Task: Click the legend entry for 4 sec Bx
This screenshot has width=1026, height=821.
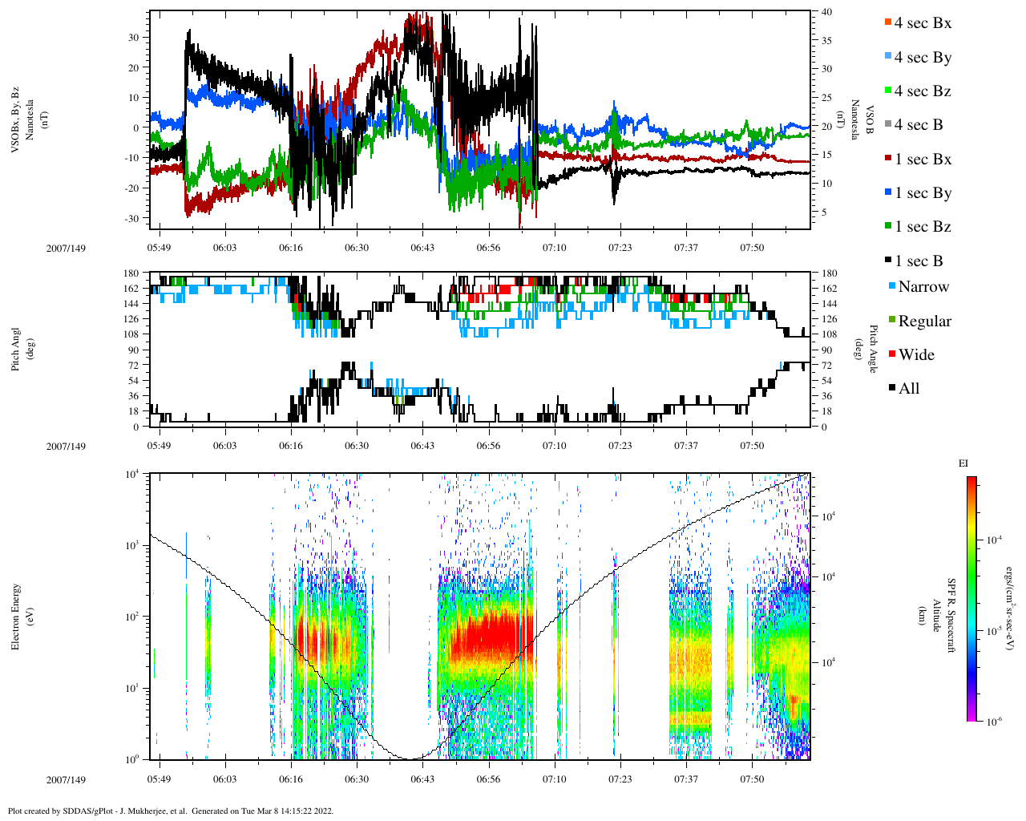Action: pyautogui.click(x=922, y=23)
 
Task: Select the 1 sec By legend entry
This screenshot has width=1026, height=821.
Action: pyautogui.click(x=922, y=193)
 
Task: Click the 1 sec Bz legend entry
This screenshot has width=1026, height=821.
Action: pyautogui.click(x=922, y=227)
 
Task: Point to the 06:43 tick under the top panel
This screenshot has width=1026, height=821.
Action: pyautogui.click(x=422, y=248)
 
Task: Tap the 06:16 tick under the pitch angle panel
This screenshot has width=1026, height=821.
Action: pyautogui.click(x=291, y=446)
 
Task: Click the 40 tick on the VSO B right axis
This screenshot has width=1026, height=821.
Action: pyautogui.click(x=826, y=12)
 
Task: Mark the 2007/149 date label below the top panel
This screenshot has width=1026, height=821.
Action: pyautogui.click(x=66, y=249)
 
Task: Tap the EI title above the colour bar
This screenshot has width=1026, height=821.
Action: pyautogui.click(x=963, y=463)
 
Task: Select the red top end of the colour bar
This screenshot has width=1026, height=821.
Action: pyautogui.click(x=971, y=481)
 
